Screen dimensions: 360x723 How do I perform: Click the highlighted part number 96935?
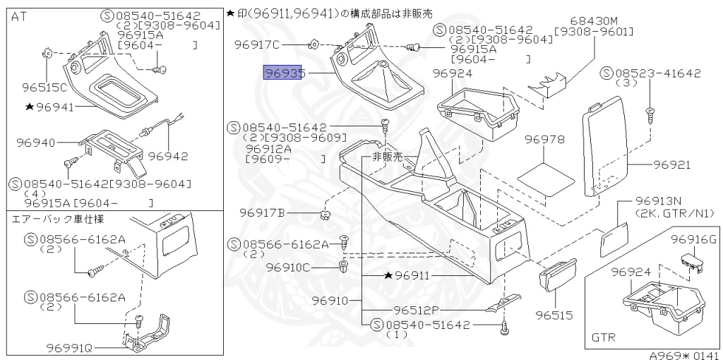282,73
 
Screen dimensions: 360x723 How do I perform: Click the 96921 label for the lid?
671,164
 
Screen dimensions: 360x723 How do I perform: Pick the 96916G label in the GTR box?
693,239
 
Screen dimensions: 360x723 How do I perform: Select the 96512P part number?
417,310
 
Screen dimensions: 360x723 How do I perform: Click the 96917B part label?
261,212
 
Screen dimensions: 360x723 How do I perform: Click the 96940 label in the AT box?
36,143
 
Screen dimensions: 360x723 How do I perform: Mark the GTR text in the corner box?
603,337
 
